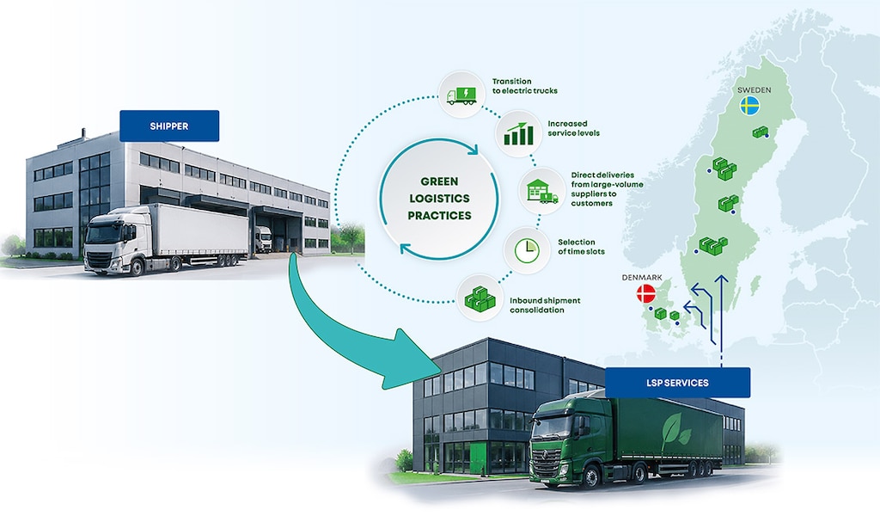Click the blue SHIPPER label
coord(169,126)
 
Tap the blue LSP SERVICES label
coord(677,383)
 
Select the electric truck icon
coord(461,95)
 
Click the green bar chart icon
coord(518,134)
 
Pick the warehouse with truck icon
coord(542,191)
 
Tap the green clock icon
coord(527,250)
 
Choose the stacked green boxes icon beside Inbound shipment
coord(480,298)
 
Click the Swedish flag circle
coord(749,106)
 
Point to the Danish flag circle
coord(646,293)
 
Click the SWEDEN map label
coord(754,89)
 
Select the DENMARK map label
coord(641,278)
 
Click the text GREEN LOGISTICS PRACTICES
coord(439,198)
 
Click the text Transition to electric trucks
coord(525,86)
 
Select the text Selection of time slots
coord(581,247)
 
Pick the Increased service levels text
coord(573,129)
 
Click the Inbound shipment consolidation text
coord(545,305)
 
